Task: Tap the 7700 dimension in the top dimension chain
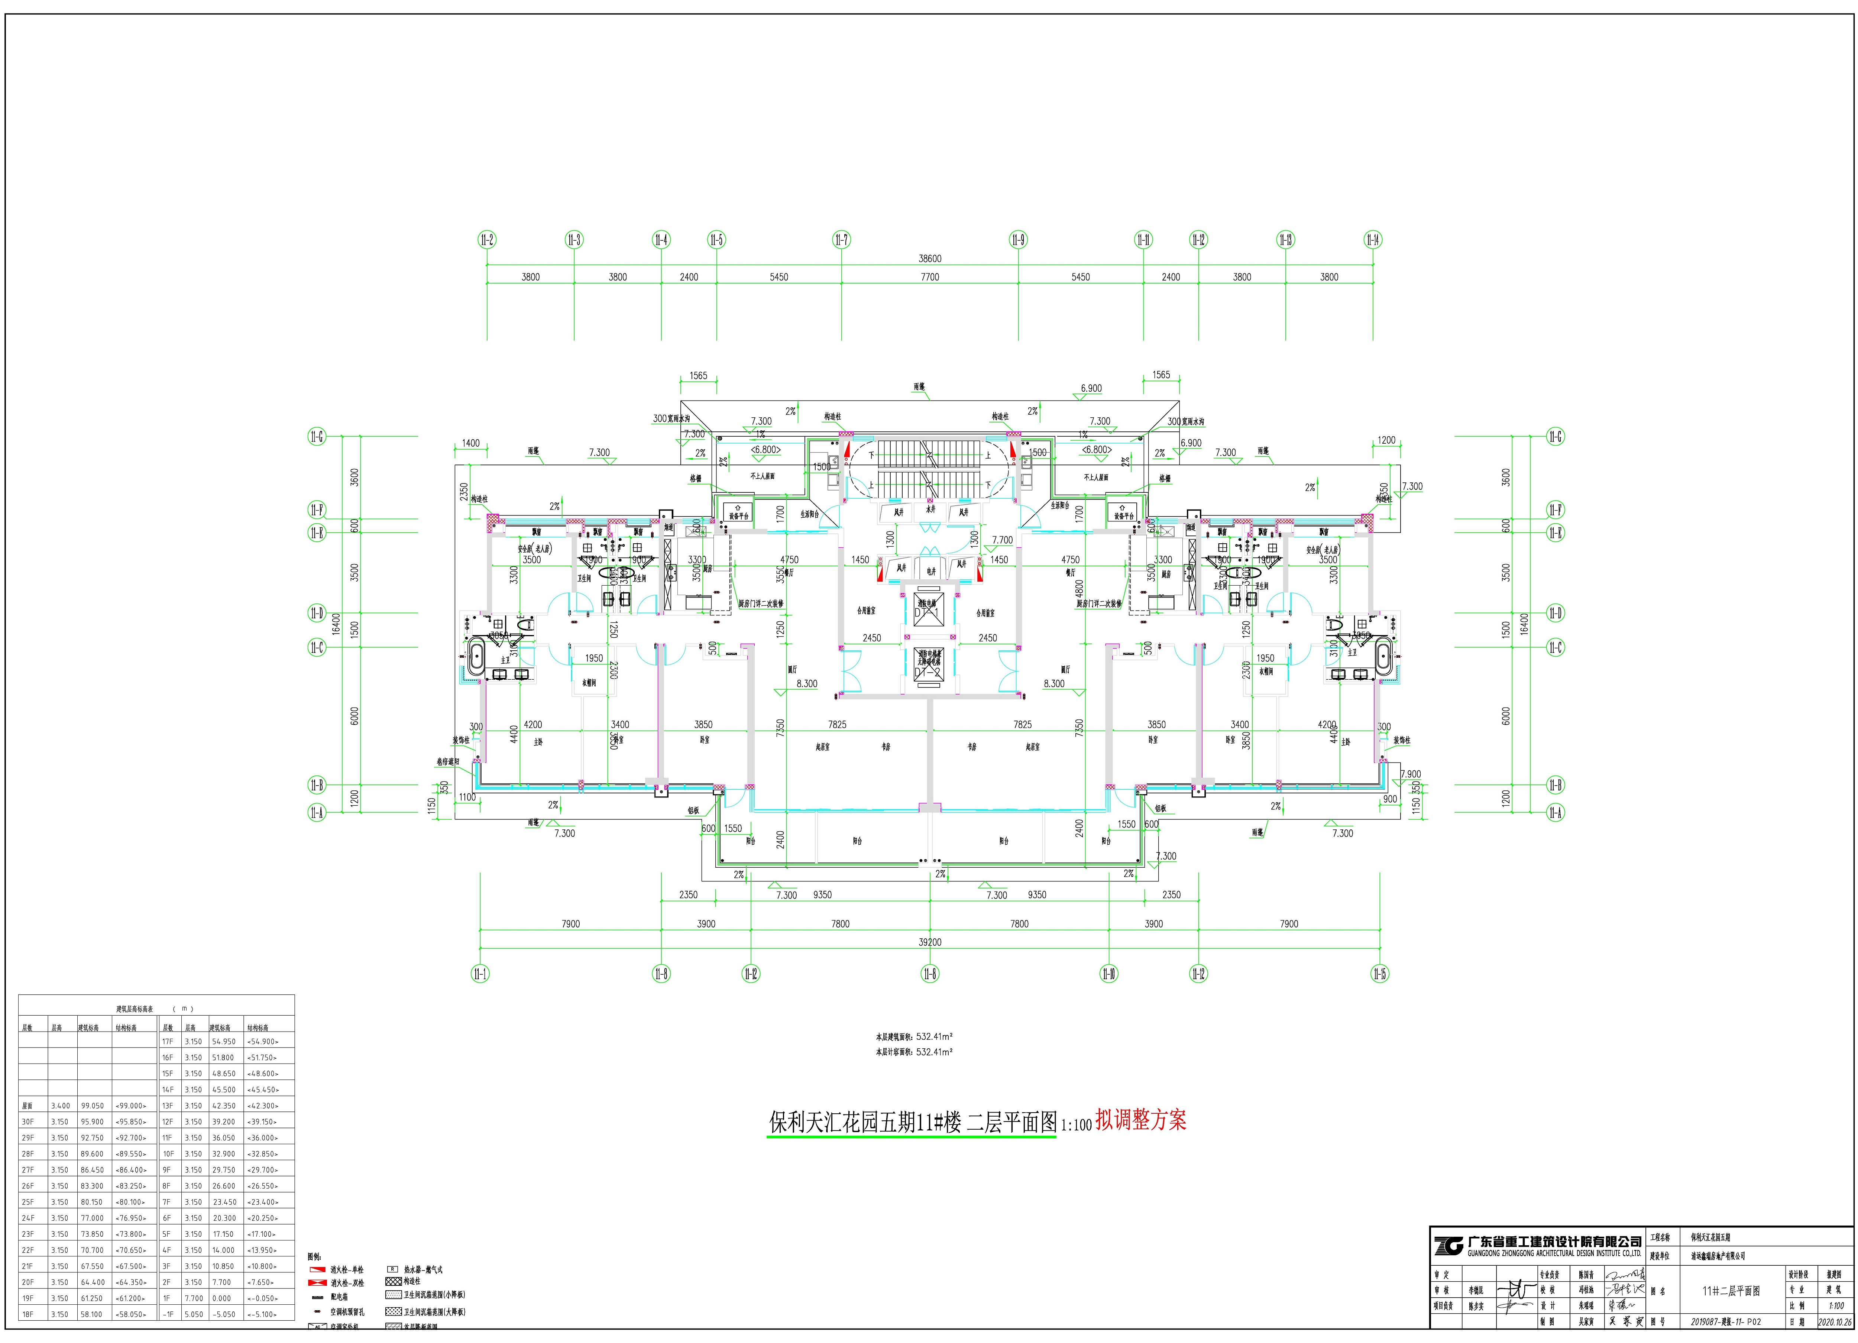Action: [x=930, y=277]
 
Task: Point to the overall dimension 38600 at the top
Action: [x=930, y=258]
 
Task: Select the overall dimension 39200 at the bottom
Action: [x=930, y=942]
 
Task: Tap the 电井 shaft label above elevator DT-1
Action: [x=930, y=571]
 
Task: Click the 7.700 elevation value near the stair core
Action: [x=1003, y=540]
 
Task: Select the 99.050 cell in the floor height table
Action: [x=92, y=1106]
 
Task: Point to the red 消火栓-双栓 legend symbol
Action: [x=317, y=1282]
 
